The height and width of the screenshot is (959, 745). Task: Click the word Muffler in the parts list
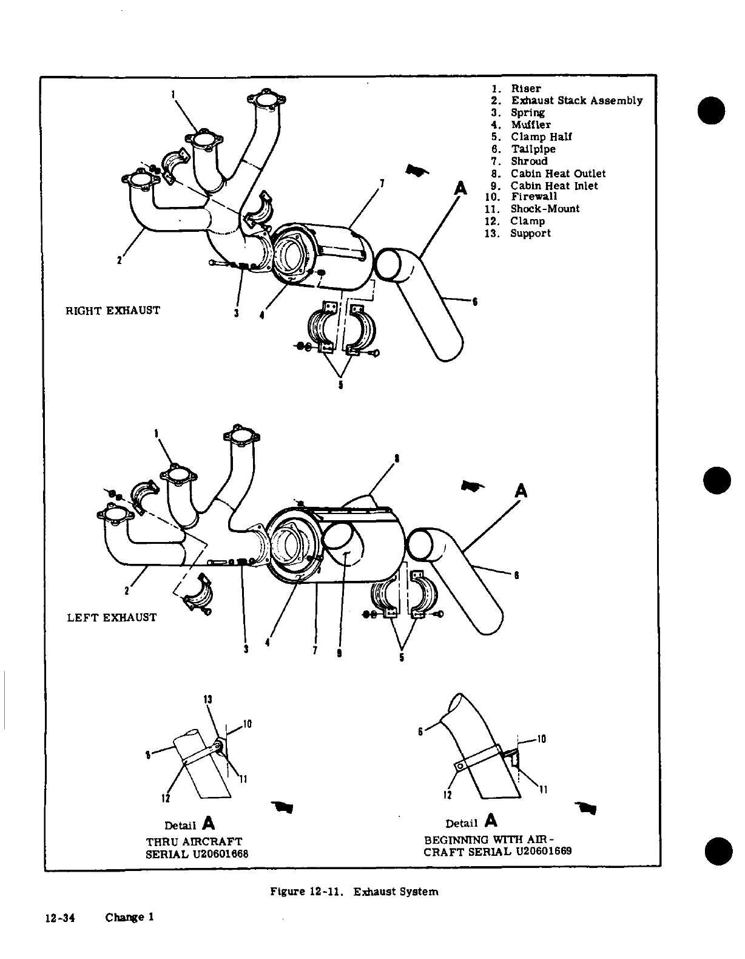tap(530, 124)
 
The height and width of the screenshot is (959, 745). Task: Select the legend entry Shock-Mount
tap(544, 209)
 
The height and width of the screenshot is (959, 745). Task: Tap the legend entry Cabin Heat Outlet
tap(558, 174)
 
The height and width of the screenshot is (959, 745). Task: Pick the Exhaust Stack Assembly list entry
tap(576, 101)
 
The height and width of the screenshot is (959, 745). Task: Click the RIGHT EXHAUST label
tap(113, 311)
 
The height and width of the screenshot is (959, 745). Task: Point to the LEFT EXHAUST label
tap(112, 617)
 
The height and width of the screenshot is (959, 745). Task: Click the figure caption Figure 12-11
tap(308, 892)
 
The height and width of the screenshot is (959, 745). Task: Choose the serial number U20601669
tap(544, 851)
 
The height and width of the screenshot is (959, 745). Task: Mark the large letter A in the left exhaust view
tap(520, 490)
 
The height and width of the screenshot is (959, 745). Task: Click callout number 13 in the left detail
tap(207, 699)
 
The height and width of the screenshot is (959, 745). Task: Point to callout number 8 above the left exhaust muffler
tap(396, 458)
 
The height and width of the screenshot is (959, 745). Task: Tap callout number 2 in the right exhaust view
tap(119, 261)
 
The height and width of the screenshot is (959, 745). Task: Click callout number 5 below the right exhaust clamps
tap(341, 385)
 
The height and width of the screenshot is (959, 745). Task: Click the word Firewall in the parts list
tap(533, 197)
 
